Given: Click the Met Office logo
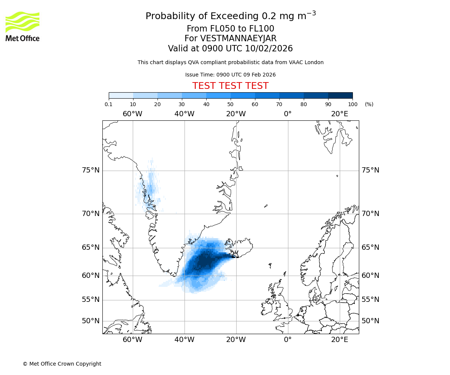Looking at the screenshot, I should pyautogui.click(x=22, y=26).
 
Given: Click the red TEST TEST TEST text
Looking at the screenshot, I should pyautogui.click(x=230, y=86).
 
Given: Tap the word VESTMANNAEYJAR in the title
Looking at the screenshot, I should pyautogui.click(x=238, y=39).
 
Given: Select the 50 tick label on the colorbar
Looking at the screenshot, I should pyautogui.click(x=230, y=104).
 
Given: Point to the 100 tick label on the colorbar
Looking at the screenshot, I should pyautogui.click(x=352, y=104).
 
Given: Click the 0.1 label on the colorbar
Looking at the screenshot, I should pyautogui.click(x=109, y=104).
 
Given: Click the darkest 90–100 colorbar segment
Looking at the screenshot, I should pyautogui.click(x=340, y=95).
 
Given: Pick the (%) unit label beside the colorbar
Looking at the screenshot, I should pyautogui.click(x=369, y=104).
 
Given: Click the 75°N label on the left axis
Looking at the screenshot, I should pyautogui.click(x=91, y=170).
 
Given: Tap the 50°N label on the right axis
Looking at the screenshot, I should pyautogui.click(x=370, y=321).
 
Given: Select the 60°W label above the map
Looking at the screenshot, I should pyautogui.click(x=132, y=114).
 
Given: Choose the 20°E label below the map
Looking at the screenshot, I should pyautogui.click(x=340, y=340).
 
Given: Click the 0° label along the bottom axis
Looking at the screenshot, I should pyautogui.click(x=288, y=340).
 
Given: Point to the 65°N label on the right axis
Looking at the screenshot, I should pyautogui.click(x=370, y=247).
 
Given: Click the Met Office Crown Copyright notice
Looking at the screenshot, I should pyautogui.click(x=62, y=364).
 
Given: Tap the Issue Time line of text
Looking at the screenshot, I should pyautogui.click(x=230, y=75).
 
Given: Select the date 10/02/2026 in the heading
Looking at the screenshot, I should pyautogui.click(x=269, y=49).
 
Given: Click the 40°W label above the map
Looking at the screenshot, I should pyautogui.click(x=184, y=114).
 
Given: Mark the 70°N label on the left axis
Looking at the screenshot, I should pyautogui.click(x=91, y=214).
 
